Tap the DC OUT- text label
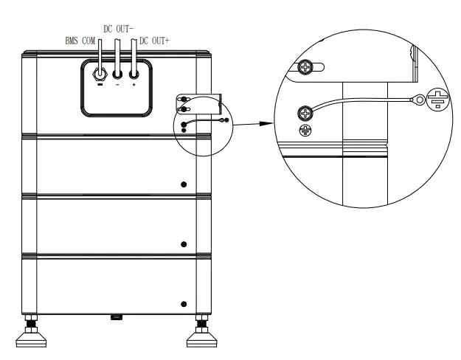tap(118, 28)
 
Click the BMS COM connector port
tap(100, 74)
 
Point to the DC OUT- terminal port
tap(117, 74)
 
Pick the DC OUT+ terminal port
tap(134, 74)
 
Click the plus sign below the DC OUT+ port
tap(134, 86)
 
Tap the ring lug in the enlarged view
tap(419, 97)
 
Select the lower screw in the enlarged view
tap(305, 113)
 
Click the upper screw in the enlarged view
tap(306, 69)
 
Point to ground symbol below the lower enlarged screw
tap(305, 130)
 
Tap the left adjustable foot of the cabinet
tap(32, 336)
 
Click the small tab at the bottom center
tap(115, 318)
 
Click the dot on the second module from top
tap(184, 183)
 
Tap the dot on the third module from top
tap(184, 244)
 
